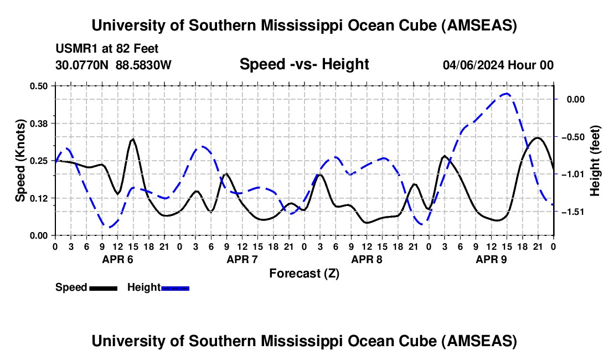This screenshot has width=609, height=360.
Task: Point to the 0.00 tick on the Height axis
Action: [x=570, y=99]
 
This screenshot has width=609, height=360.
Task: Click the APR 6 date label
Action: [x=117, y=259]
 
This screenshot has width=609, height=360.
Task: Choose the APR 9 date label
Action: [x=492, y=259]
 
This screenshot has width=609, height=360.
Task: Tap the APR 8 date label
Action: [x=367, y=259]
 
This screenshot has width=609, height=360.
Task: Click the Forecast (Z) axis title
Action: [x=304, y=273]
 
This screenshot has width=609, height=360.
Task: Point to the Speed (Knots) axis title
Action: [x=20, y=161]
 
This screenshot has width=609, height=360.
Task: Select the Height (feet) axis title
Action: [x=595, y=161]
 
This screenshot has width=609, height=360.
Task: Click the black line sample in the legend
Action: [x=103, y=288]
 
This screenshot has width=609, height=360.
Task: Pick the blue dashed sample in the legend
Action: [x=175, y=288]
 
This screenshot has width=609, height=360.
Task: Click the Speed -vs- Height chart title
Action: [x=304, y=64]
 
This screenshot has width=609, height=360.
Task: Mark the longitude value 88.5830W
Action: [x=143, y=65]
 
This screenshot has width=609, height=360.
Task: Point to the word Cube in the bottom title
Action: [x=418, y=341]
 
